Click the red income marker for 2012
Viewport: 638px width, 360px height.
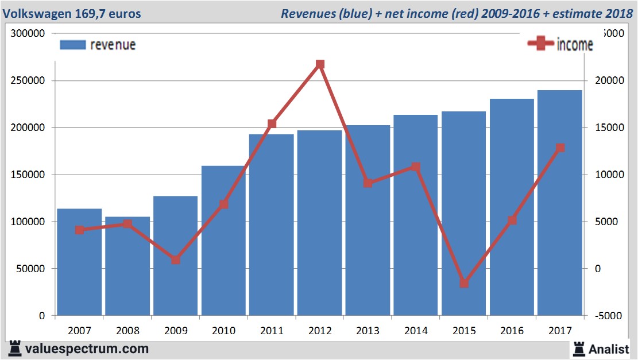tap(320, 64)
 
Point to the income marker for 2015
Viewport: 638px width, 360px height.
tap(464, 283)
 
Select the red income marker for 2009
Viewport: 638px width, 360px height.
tap(176, 260)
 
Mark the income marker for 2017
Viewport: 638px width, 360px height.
tap(560, 148)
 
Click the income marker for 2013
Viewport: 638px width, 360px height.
tap(368, 183)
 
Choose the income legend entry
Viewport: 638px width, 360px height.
tap(560, 45)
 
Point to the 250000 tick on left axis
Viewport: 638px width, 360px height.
tap(29, 81)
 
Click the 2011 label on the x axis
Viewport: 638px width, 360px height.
tap(272, 331)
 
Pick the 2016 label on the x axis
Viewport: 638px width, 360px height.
tap(512, 331)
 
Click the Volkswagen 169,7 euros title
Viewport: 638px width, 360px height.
tap(72, 13)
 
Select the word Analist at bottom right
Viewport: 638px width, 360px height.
tap(609, 349)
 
